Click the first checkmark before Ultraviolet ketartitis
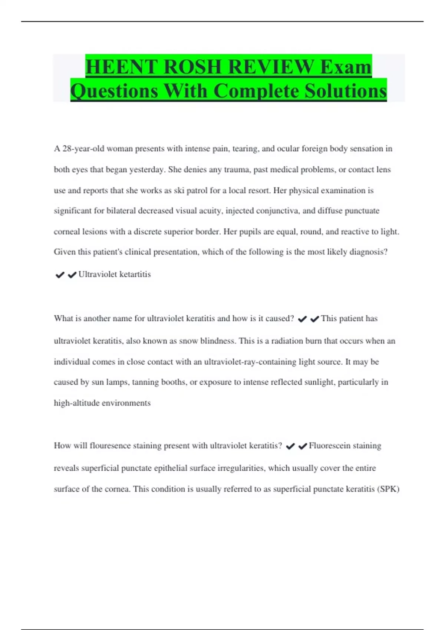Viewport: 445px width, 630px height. click(60, 275)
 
